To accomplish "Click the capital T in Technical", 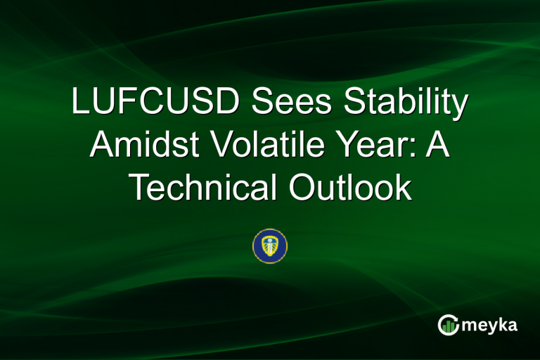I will point(140,188).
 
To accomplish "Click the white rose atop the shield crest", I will point(270,241).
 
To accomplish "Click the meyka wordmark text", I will point(491,326).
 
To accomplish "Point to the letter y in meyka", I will point(494,328).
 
